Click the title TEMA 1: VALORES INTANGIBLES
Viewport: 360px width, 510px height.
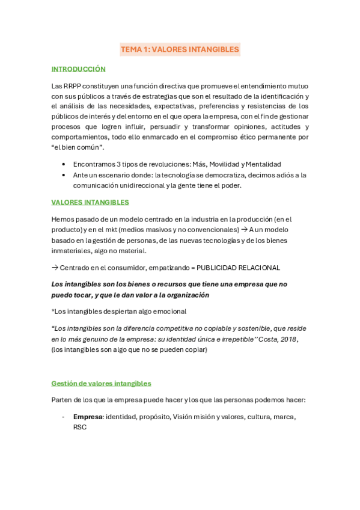coord(180,49)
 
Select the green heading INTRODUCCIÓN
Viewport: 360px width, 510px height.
coord(78,69)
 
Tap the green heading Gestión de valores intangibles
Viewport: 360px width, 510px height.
coord(101,383)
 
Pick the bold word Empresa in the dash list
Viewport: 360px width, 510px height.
coord(88,416)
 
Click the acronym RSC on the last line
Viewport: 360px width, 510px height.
coord(80,427)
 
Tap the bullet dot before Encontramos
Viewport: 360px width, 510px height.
coord(64,164)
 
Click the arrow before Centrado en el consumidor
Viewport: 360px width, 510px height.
coord(55,268)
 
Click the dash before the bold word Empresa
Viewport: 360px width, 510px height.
coord(63,416)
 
